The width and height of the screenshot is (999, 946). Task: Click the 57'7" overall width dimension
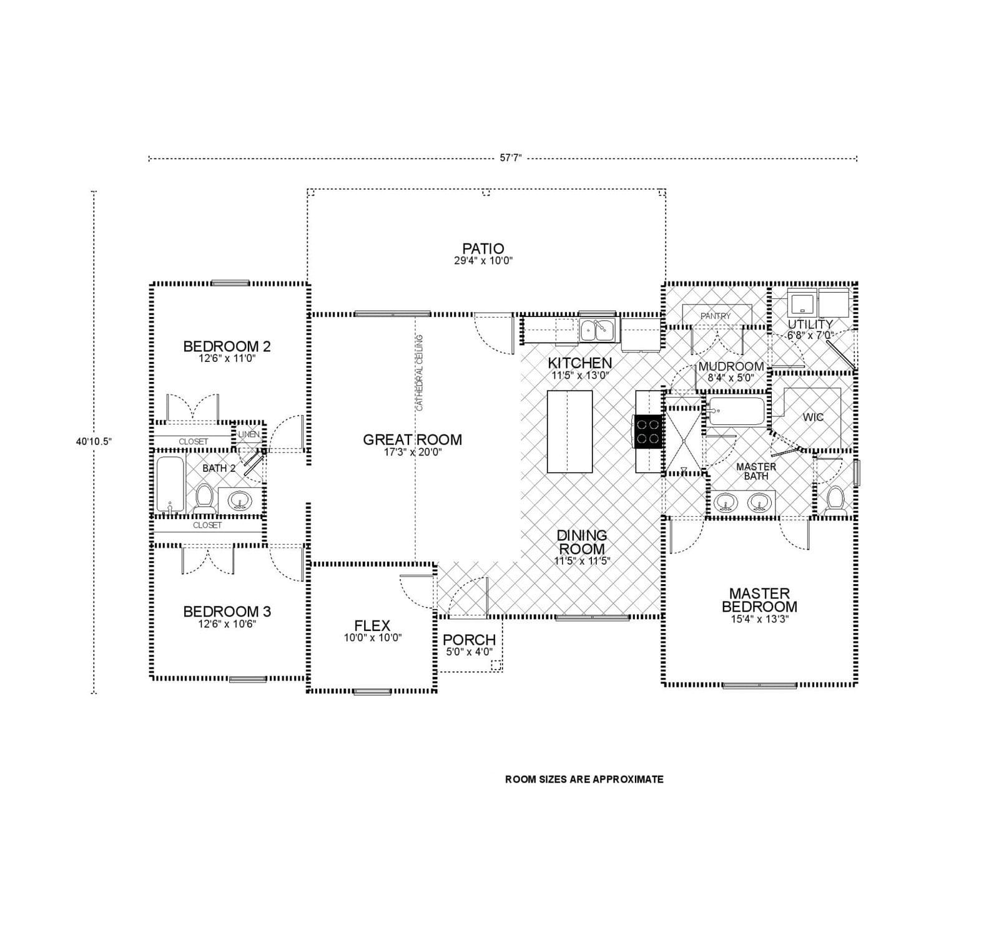click(510, 158)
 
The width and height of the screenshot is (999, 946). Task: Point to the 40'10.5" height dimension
click(94, 441)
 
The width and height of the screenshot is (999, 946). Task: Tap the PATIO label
click(483, 249)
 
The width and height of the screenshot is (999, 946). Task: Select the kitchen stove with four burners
click(648, 431)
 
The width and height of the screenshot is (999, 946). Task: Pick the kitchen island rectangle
click(569, 431)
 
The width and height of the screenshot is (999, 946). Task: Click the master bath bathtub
click(736, 411)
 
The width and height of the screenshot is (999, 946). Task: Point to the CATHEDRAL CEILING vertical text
click(420, 373)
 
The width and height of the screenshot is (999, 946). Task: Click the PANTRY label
click(715, 316)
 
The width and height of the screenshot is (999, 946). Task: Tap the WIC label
click(813, 417)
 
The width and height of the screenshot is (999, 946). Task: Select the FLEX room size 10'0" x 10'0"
click(372, 638)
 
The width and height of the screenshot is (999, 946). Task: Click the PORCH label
click(469, 640)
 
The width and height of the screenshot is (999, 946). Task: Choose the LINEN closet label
click(249, 434)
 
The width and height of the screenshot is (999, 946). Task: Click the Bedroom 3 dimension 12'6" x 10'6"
click(227, 623)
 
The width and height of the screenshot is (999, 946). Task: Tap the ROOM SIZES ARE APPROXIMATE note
click(584, 779)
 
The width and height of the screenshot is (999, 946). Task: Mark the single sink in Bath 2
click(240, 500)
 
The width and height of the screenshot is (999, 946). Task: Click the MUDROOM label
click(731, 366)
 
